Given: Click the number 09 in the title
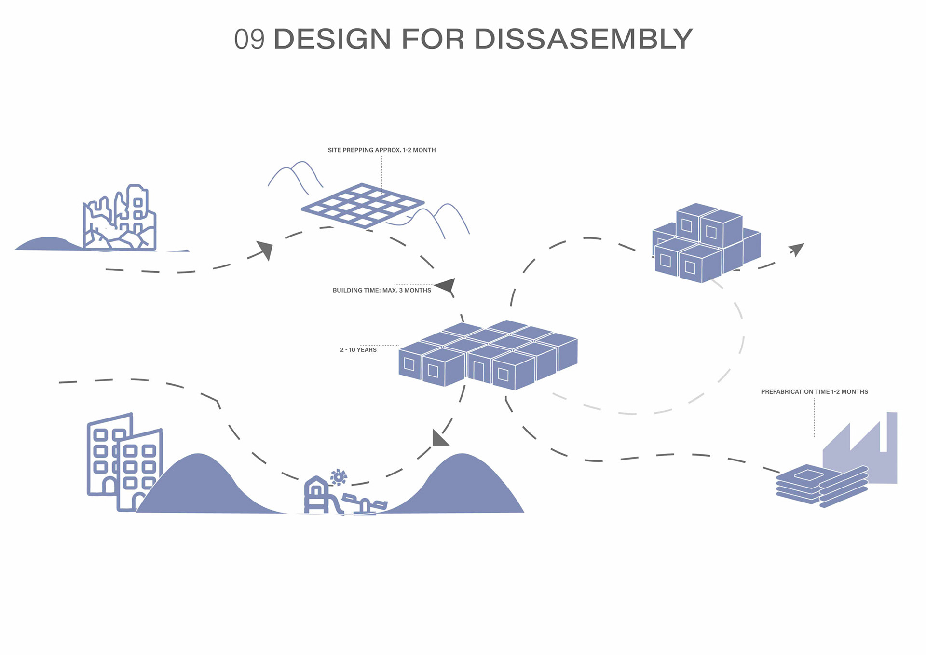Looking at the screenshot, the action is click(x=249, y=40).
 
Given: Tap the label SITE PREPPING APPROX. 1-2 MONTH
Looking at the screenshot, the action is click(x=381, y=150).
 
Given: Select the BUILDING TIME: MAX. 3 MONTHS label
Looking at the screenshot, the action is click(x=381, y=290).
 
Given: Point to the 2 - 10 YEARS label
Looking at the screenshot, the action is click(x=358, y=350).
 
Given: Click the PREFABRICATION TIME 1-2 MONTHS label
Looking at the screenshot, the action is click(x=814, y=392).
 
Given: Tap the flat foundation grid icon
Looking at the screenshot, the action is click(x=362, y=205).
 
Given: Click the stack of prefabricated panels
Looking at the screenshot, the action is click(x=820, y=485).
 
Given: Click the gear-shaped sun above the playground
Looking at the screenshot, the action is click(x=339, y=477).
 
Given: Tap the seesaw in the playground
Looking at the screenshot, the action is click(x=365, y=503).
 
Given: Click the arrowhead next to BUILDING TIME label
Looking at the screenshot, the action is click(x=447, y=285).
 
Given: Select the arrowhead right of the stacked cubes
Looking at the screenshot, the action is click(x=796, y=250).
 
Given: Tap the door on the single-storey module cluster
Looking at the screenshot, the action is click(x=478, y=371).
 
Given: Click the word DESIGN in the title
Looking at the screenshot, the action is click(x=332, y=39).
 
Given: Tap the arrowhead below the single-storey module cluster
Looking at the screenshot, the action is click(x=439, y=438).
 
